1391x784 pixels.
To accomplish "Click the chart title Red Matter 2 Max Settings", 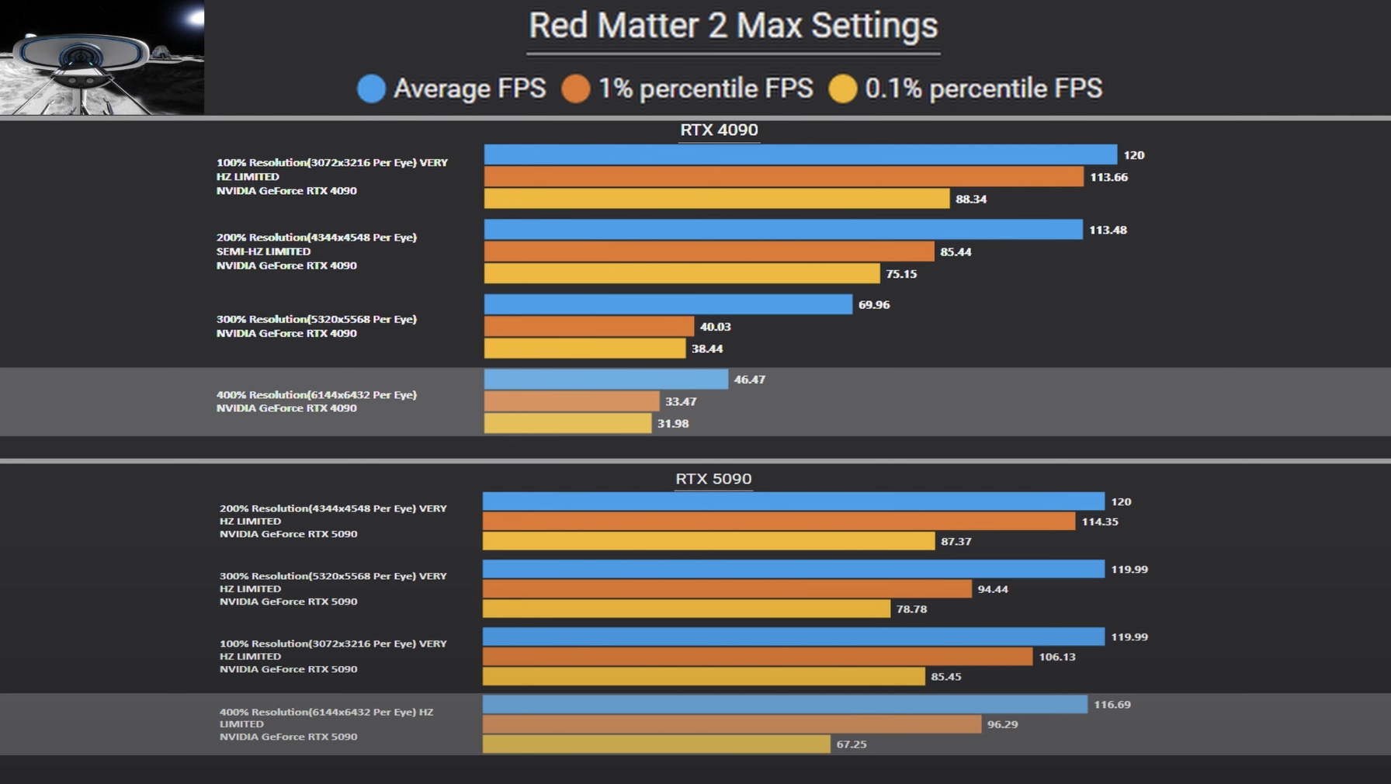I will click(x=733, y=26).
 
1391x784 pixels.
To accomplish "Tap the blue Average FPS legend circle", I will click(x=371, y=88).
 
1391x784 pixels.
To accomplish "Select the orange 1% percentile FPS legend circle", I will click(x=576, y=88).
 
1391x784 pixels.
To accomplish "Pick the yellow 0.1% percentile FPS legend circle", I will click(x=842, y=88).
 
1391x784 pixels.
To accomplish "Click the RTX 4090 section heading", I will click(x=719, y=130).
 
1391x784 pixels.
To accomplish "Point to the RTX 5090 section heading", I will click(x=713, y=479).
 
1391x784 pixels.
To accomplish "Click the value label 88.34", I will click(x=970, y=199).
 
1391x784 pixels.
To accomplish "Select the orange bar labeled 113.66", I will click(x=783, y=177).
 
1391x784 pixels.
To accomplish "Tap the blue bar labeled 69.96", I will click(x=668, y=304).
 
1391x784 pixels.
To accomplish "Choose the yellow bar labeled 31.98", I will click(x=567, y=423).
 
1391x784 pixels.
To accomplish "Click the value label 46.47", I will click(x=749, y=380).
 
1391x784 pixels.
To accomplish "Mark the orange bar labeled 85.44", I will click(x=709, y=252).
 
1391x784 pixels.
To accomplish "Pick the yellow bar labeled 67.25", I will click(x=656, y=744).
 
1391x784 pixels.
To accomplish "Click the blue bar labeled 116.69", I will click(x=785, y=704).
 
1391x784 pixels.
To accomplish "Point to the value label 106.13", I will click(x=1056, y=657).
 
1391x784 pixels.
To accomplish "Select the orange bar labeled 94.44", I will click(x=727, y=589).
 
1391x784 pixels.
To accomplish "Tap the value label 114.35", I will click(x=1099, y=522).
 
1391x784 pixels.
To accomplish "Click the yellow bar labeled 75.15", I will click(x=682, y=273).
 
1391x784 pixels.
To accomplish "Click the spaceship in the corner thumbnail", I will click(x=78, y=62).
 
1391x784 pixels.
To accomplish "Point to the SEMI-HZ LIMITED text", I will click(x=263, y=252).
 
